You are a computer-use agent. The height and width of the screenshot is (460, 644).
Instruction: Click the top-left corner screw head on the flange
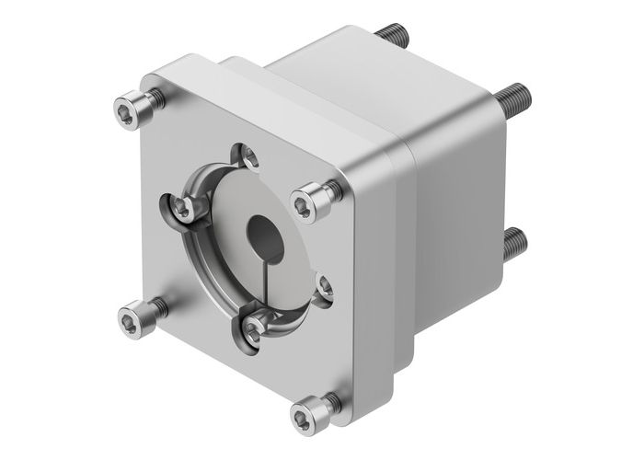point(131,110)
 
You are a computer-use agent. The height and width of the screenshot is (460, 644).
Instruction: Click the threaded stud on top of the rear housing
point(392,34)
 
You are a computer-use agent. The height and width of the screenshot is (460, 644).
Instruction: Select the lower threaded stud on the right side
point(515,244)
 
